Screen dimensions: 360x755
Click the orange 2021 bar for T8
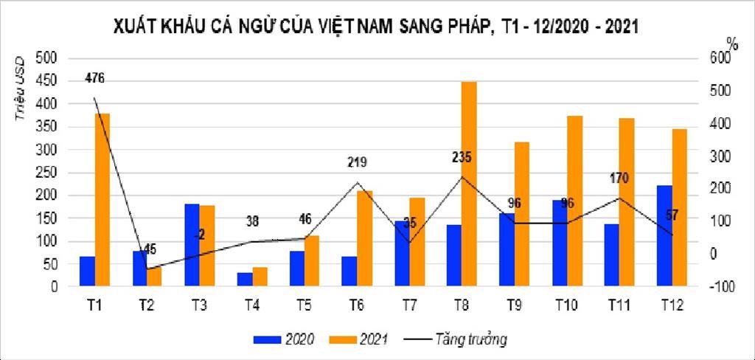[x=469, y=184]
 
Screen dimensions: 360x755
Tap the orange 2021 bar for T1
[x=102, y=200]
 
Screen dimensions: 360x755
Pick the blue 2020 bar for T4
[x=245, y=280]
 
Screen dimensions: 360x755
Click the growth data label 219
[x=357, y=162]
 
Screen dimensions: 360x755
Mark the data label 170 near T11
[x=619, y=178]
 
